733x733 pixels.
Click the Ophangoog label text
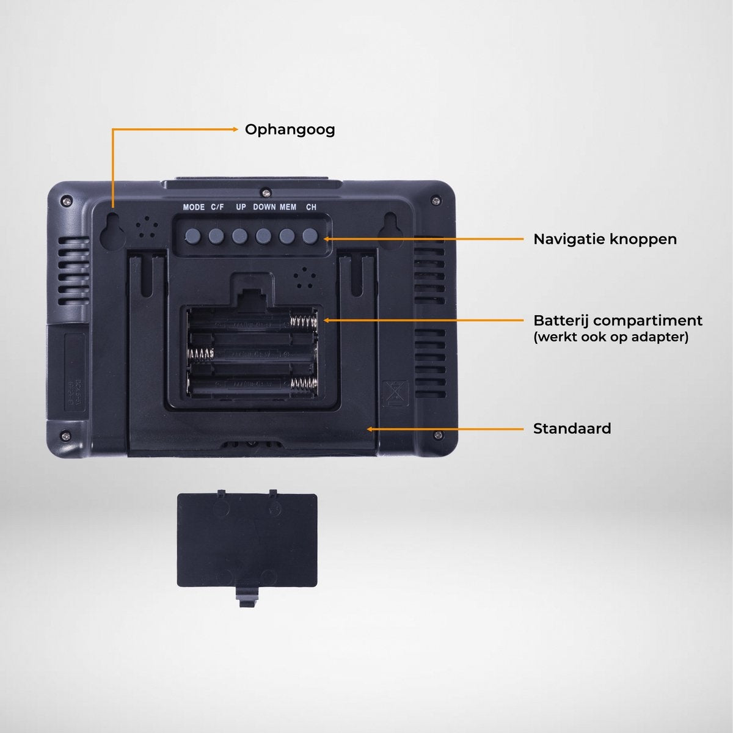pos(290,129)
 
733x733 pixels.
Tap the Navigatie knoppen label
pos(605,239)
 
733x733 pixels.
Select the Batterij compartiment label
pos(618,320)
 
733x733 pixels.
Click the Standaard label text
pos(572,428)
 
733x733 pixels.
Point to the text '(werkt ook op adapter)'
pos(611,337)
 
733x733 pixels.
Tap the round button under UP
pos(239,235)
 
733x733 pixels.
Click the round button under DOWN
pos(263,235)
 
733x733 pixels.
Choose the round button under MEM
pos(287,235)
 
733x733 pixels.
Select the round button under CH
pos(310,235)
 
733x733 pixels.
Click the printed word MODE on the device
pos(194,207)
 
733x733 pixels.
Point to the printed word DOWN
pos(264,207)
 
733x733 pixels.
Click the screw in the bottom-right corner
pos(438,434)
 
